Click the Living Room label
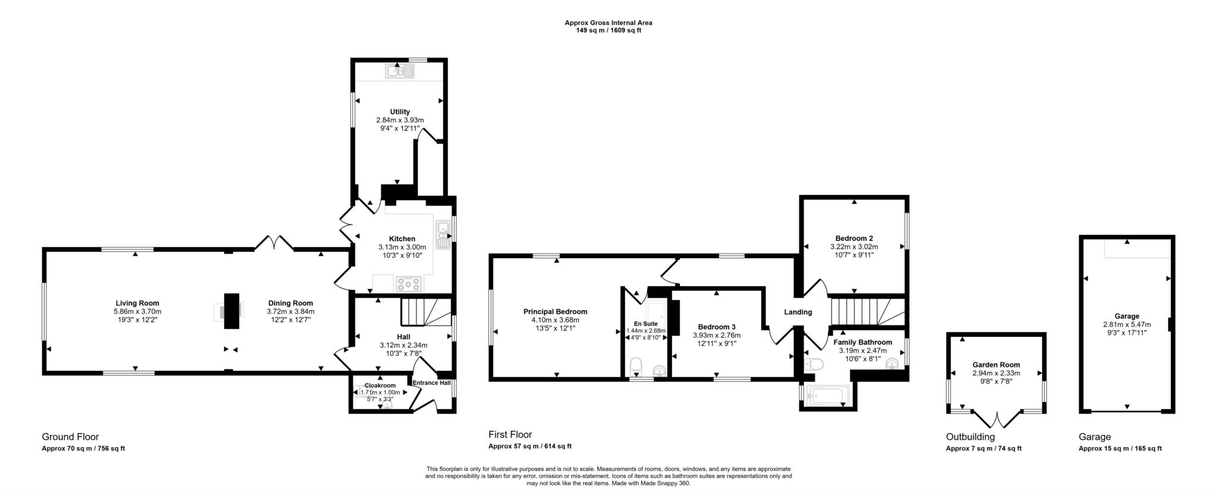[x=137, y=303]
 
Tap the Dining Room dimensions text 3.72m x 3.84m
[x=290, y=311]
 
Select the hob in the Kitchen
[x=409, y=284]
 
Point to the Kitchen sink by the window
[x=443, y=235]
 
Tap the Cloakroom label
[x=380, y=386]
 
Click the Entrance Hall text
[x=431, y=383]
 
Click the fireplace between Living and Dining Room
[x=231, y=311]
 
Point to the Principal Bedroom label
[x=555, y=311]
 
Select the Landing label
[x=797, y=312]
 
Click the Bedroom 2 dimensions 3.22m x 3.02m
[x=854, y=247]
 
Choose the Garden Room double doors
[x=997, y=419]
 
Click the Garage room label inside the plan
[x=1127, y=316]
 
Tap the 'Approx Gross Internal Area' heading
[x=608, y=23]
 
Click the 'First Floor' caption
[x=510, y=435]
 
